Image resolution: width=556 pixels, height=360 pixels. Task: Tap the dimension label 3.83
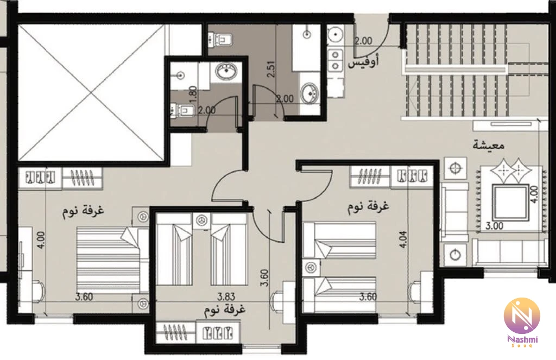coord(226,296)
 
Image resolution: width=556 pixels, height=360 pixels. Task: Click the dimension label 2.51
coord(272,69)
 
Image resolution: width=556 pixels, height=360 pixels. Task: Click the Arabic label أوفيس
coord(363,62)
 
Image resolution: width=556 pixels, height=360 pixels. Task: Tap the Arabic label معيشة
coord(489,146)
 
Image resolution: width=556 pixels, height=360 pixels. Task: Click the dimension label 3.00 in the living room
coord(494,225)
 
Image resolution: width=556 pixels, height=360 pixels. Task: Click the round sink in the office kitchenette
coord(334,35)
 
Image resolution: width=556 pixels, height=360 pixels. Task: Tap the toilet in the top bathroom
coord(220,39)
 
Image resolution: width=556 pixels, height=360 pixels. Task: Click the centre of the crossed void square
coord(91,92)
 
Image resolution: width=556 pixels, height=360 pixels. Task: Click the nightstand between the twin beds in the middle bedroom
coord(202,220)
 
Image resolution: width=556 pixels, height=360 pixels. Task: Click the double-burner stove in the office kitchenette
coord(335,60)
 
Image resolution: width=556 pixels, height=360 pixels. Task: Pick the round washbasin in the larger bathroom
coord(309,92)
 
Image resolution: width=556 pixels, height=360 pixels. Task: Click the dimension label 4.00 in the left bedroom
coord(41,240)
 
